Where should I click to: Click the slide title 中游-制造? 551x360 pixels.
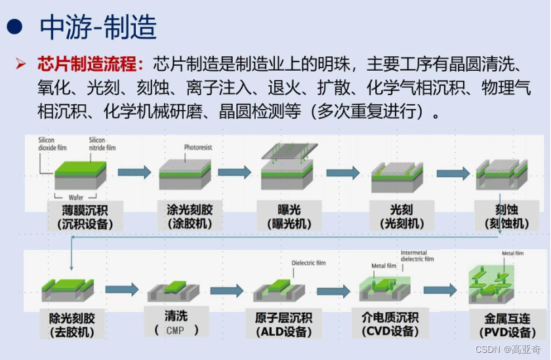pos(98,27)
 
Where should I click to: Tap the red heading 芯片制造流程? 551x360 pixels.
pos(91,64)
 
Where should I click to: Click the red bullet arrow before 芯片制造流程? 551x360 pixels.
pos(22,64)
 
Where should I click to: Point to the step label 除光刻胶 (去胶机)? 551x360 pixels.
pos(72,325)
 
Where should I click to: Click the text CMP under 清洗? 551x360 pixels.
pos(175,330)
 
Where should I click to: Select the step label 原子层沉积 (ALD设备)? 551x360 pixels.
pos(284,325)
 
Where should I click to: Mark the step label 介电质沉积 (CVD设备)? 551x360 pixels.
pos(390,325)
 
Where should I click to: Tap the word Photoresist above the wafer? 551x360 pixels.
pos(199,148)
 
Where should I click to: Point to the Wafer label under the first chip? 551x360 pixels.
pos(79,197)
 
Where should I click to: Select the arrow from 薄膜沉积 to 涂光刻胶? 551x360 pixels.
pos(134,172)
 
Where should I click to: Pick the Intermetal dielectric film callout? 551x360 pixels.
pos(417,255)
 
